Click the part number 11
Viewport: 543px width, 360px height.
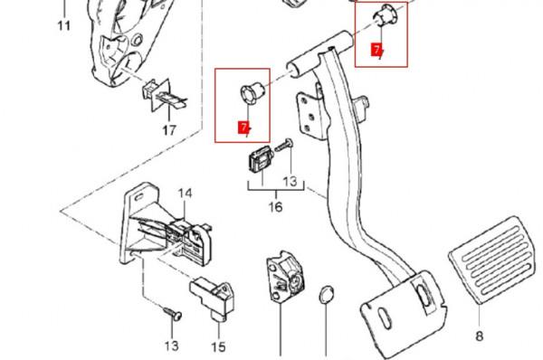pyautogui.click(x=64, y=25)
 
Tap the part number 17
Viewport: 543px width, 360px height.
pyautogui.click(x=169, y=130)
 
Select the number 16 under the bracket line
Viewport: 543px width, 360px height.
pyautogui.click(x=276, y=207)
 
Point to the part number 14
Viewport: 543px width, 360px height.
pyautogui.click(x=186, y=194)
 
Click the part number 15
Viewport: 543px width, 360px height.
pyautogui.click(x=218, y=346)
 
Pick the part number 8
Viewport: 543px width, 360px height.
pyautogui.click(x=480, y=336)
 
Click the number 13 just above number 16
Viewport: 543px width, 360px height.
pyautogui.click(x=290, y=181)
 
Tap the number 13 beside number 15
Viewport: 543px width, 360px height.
pyautogui.click(x=172, y=346)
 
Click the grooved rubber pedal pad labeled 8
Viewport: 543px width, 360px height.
pyautogui.click(x=494, y=259)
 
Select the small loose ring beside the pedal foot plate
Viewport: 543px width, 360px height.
pyautogui.click(x=326, y=295)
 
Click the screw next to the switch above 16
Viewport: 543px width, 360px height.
pyautogui.click(x=283, y=145)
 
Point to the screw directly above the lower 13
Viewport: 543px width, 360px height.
pyautogui.click(x=173, y=313)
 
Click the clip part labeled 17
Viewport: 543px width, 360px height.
pyautogui.click(x=163, y=95)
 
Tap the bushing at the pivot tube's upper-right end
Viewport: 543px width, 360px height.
pyautogui.click(x=386, y=15)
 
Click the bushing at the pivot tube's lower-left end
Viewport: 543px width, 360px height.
pyautogui.click(x=252, y=93)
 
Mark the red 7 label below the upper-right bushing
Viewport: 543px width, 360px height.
pyautogui.click(x=376, y=49)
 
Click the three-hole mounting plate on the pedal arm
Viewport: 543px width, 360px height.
pyautogui.click(x=310, y=112)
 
